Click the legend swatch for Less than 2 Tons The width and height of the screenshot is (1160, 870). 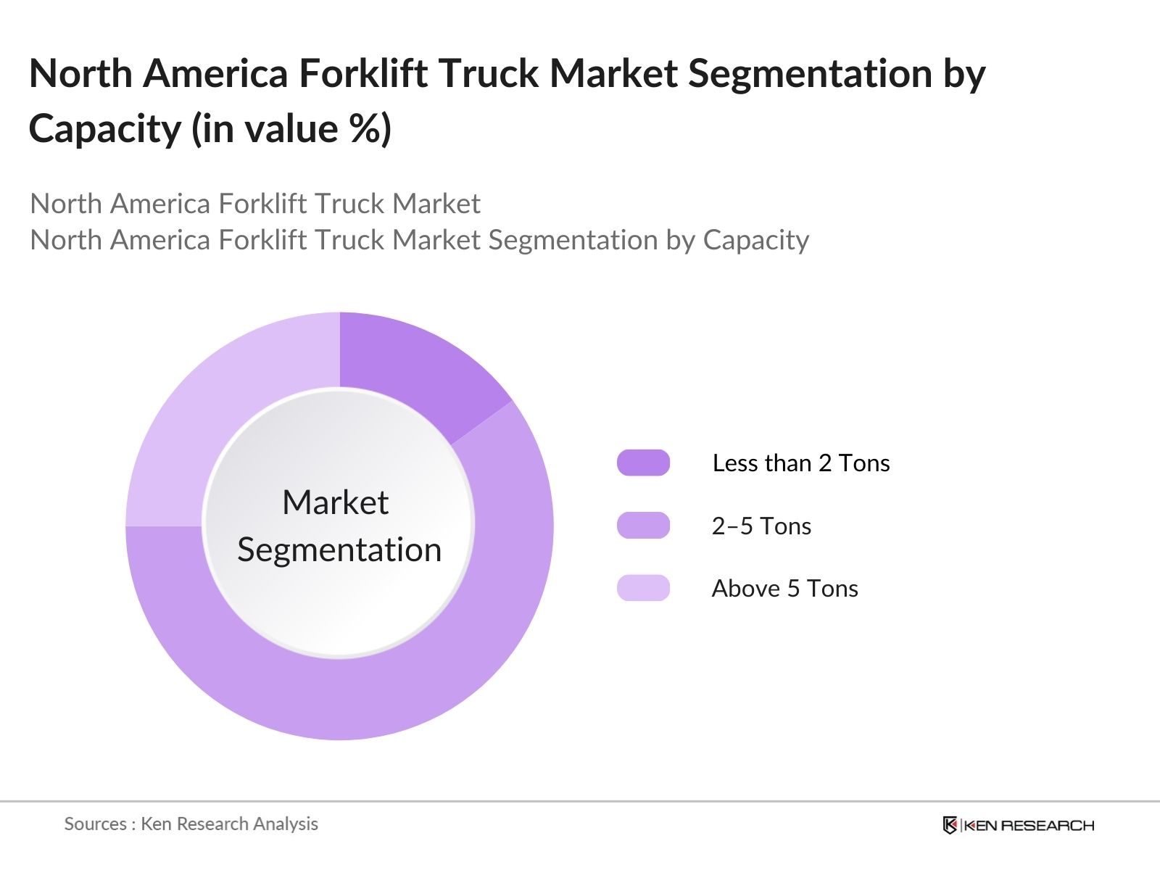click(643, 463)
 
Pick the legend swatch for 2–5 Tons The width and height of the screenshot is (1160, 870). click(643, 526)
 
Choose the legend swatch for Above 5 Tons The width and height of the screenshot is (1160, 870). click(643, 588)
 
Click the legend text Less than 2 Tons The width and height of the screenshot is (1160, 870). click(800, 463)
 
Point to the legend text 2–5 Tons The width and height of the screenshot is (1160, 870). click(761, 526)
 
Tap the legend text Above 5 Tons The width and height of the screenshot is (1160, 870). click(784, 588)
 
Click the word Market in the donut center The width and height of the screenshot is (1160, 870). click(335, 502)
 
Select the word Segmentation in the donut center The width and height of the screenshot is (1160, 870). click(339, 550)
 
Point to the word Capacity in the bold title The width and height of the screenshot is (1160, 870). click(104, 129)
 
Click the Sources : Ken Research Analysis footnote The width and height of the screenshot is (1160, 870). click(191, 824)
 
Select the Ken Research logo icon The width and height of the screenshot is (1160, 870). click(950, 825)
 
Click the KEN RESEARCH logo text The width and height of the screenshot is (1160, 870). click(1029, 825)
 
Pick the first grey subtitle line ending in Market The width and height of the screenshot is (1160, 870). click(254, 204)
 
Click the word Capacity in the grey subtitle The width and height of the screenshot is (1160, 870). click(755, 240)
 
